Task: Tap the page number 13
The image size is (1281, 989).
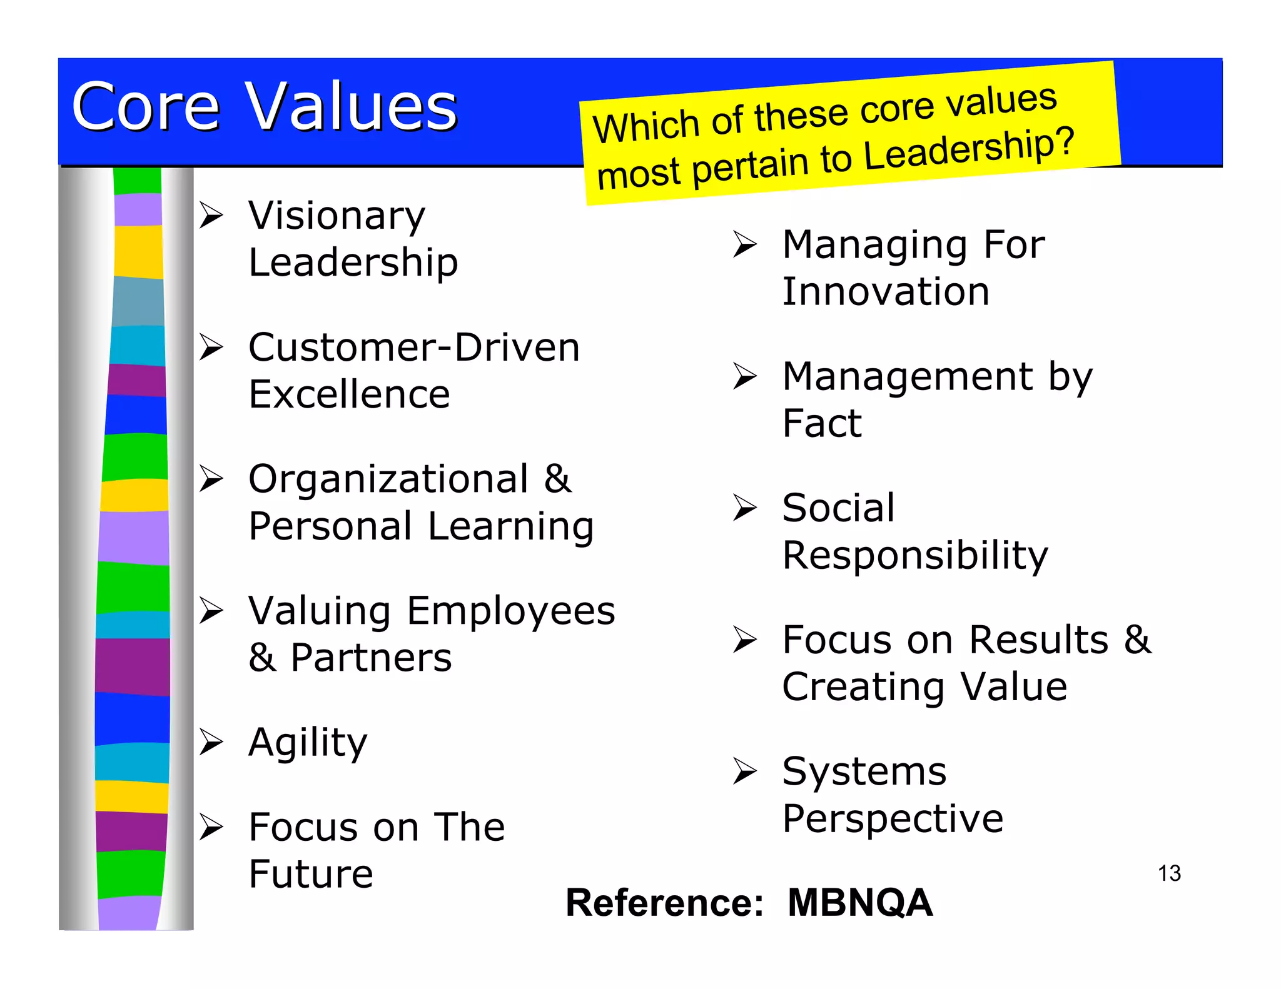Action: click(1168, 873)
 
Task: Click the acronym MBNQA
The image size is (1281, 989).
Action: click(860, 903)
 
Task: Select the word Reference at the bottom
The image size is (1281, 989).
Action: click(664, 903)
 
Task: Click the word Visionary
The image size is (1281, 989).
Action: click(337, 216)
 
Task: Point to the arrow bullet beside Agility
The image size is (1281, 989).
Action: click(211, 742)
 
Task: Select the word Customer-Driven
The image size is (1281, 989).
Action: click(414, 348)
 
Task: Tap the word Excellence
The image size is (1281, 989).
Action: click(349, 394)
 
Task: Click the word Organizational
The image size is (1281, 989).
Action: click(388, 479)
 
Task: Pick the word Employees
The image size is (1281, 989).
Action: click(510, 611)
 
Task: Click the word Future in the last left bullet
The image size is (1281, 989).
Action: click(311, 874)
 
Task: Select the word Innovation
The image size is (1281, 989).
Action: click(886, 292)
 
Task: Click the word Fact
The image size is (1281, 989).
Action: click(822, 423)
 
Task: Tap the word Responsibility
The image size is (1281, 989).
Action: click(914, 556)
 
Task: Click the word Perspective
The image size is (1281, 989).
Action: click(893, 819)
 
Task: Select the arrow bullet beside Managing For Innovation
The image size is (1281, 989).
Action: click(745, 244)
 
